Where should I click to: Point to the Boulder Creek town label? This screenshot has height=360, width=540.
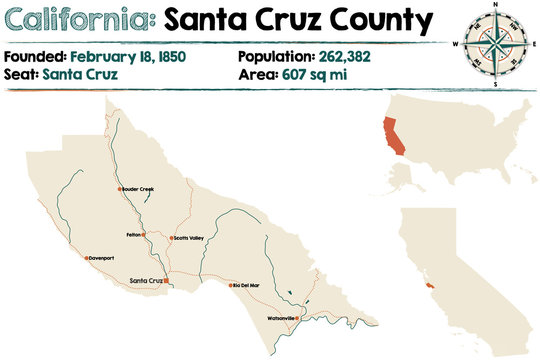coord(137,189)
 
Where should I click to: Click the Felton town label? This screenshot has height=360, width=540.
coord(132,235)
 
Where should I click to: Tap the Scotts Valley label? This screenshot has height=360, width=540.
coord(189,238)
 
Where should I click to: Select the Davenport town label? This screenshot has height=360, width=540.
coord(103,258)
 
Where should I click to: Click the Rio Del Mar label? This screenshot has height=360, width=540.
coord(246,285)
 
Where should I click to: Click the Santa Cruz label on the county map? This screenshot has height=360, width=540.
coord(145,281)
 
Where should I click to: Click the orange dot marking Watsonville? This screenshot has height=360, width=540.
coord(298,318)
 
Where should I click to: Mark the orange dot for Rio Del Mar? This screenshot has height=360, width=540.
coord(231,285)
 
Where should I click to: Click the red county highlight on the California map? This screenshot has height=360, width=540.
coord(430,286)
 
